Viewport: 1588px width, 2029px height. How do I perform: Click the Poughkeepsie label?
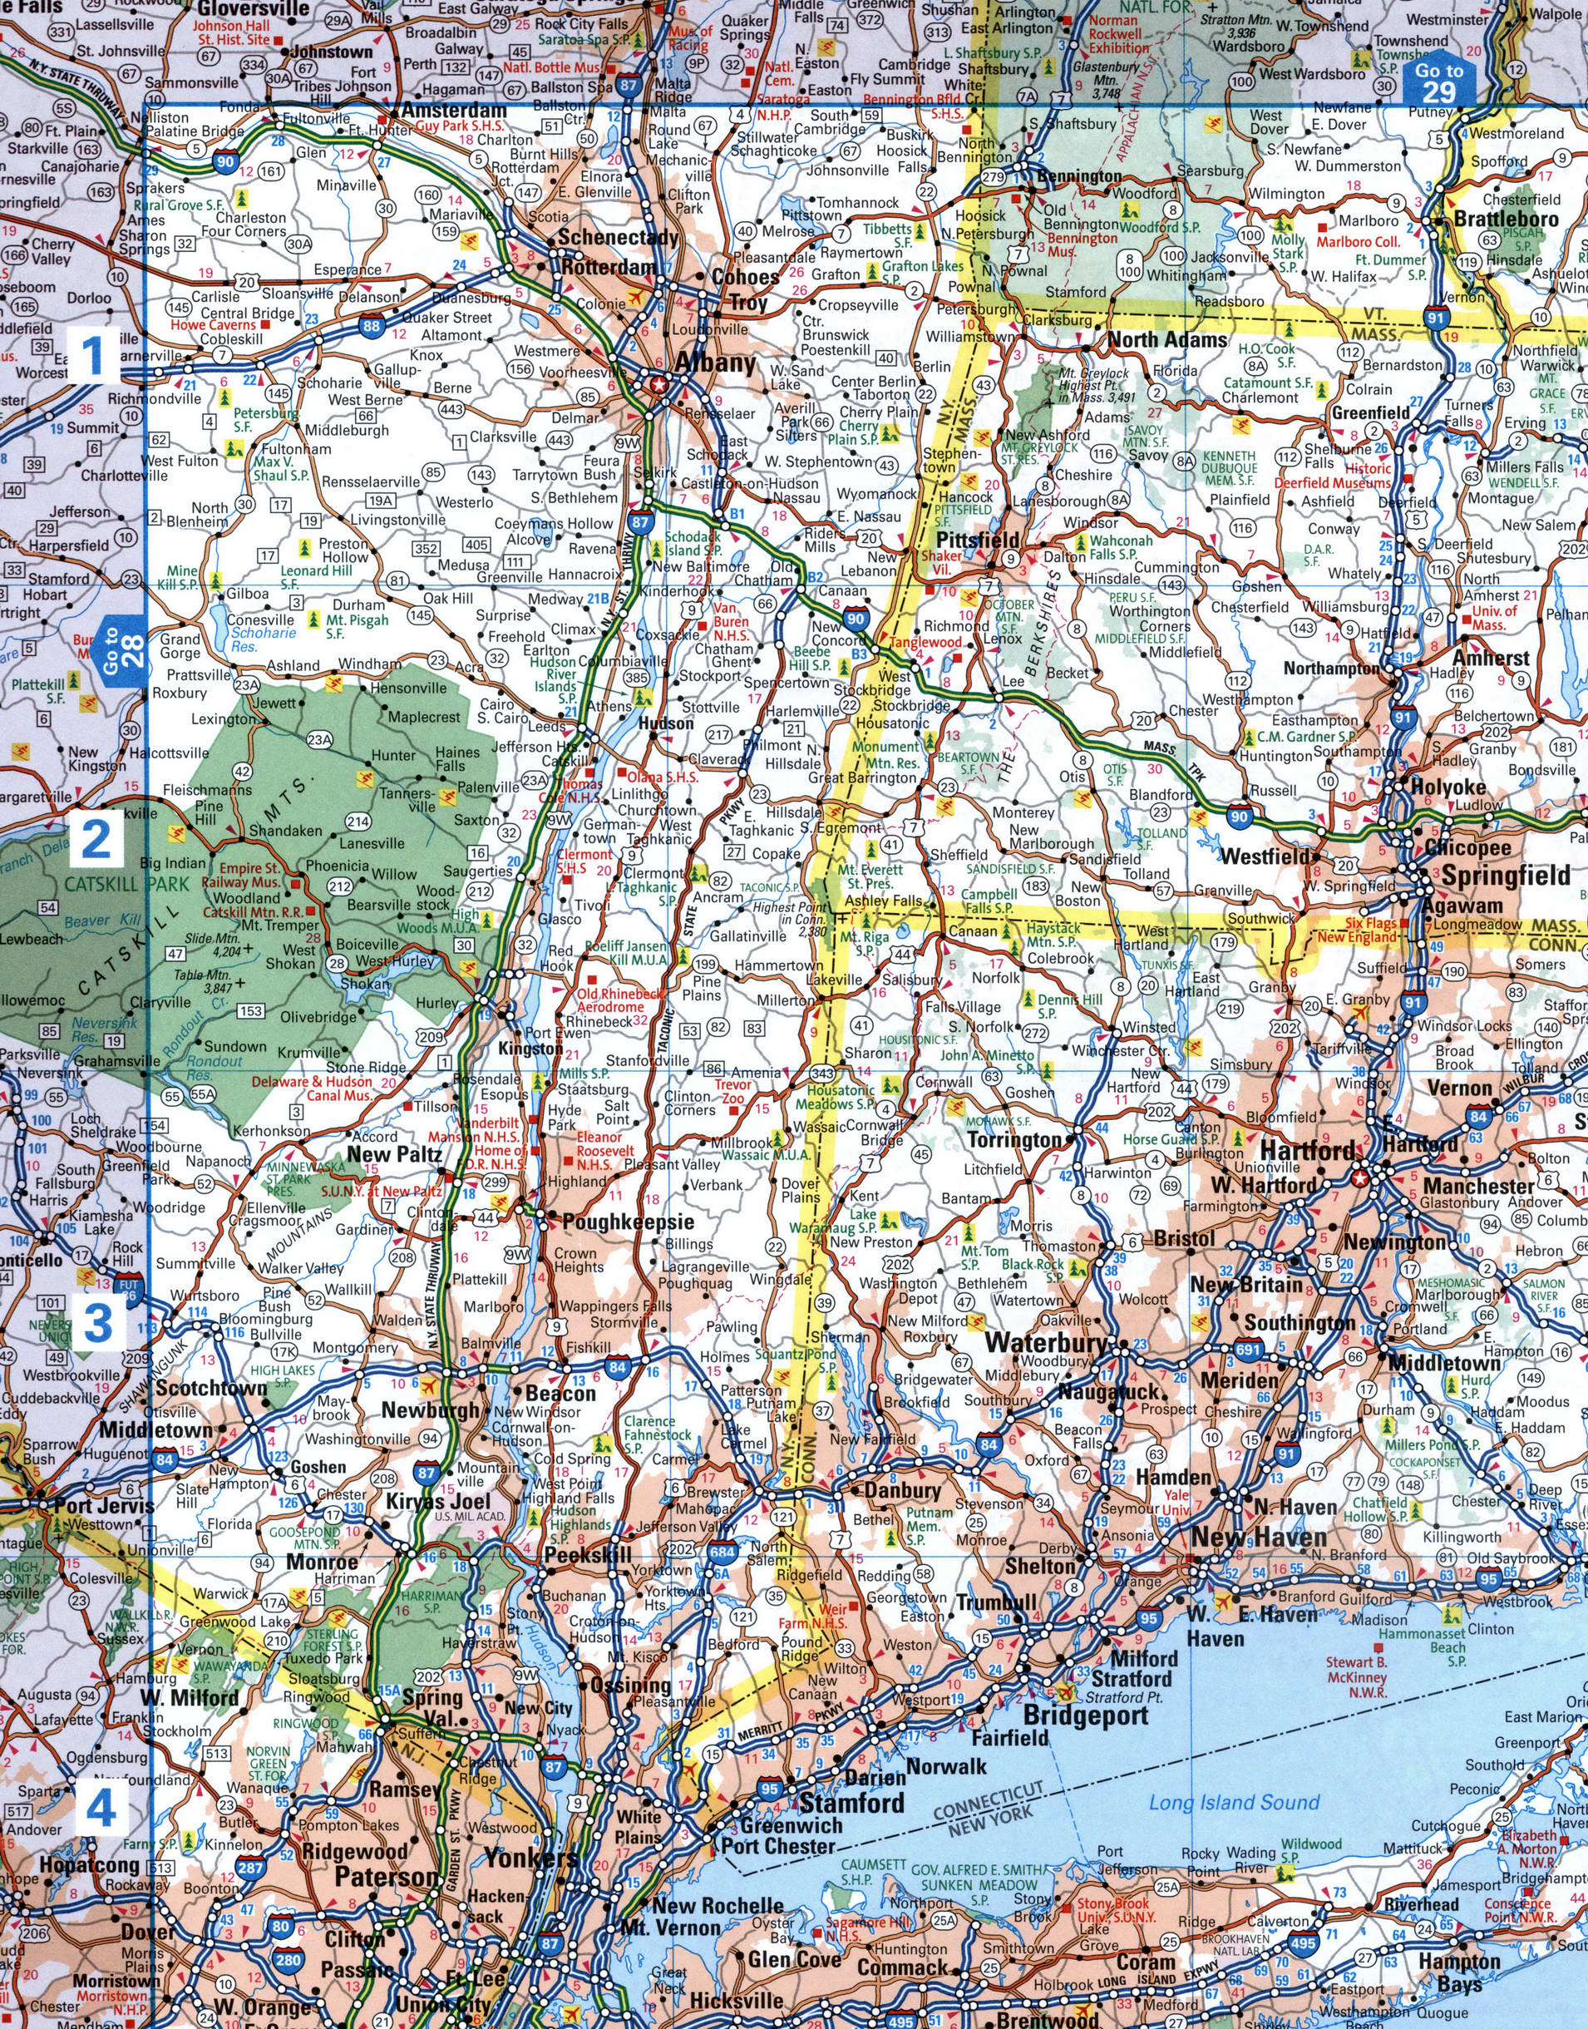[626, 1221]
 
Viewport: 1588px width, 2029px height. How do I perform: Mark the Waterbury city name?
[1047, 1342]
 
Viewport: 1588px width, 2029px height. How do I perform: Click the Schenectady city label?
[618, 238]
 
